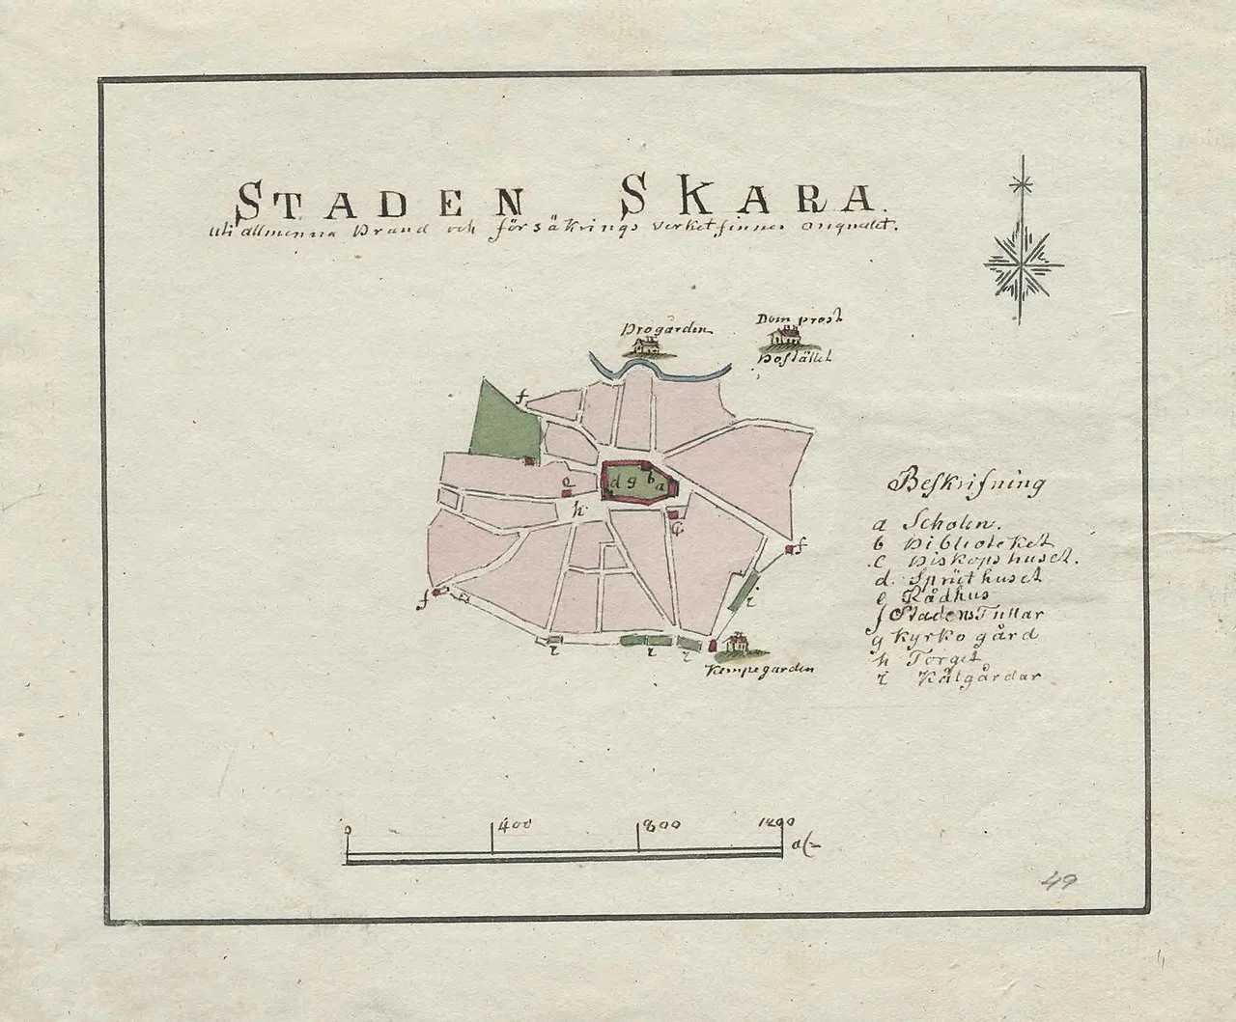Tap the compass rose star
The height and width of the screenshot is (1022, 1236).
(1024, 262)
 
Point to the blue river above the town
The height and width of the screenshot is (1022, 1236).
(657, 368)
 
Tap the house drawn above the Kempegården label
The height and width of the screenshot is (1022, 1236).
(737, 642)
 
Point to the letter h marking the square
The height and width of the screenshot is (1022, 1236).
(576, 511)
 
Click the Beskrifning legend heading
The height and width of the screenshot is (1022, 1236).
(970, 483)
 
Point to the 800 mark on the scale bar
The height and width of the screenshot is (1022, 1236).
(661, 826)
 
